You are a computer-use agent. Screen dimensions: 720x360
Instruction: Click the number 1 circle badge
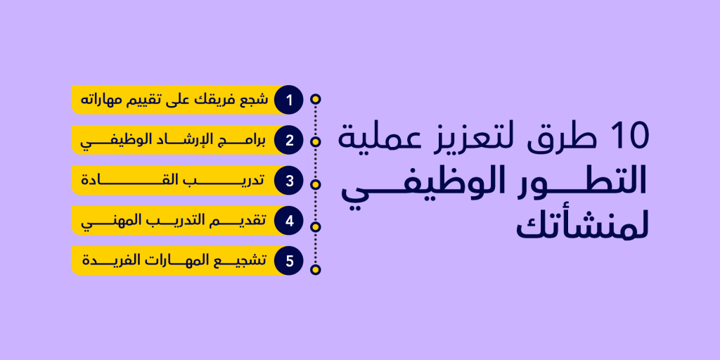(x=289, y=100)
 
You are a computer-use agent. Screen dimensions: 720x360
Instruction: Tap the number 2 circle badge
(x=289, y=140)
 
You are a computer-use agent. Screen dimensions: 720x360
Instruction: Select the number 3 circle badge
(x=289, y=181)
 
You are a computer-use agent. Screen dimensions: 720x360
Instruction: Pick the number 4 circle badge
(x=289, y=221)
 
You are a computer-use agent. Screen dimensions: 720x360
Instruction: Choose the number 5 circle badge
(x=289, y=261)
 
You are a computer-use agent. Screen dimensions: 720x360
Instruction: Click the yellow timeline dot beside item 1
(x=316, y=99)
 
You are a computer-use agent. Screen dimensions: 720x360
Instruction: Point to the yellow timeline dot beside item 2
(x=316, y=142)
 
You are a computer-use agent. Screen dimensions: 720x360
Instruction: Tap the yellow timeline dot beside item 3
(x=316, y=185)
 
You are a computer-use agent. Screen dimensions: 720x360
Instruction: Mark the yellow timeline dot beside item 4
(x=316, y=227)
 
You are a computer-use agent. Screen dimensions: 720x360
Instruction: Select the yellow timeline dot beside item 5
(x=316, y=269)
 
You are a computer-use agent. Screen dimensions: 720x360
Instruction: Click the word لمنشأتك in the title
(x=582, y=226)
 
